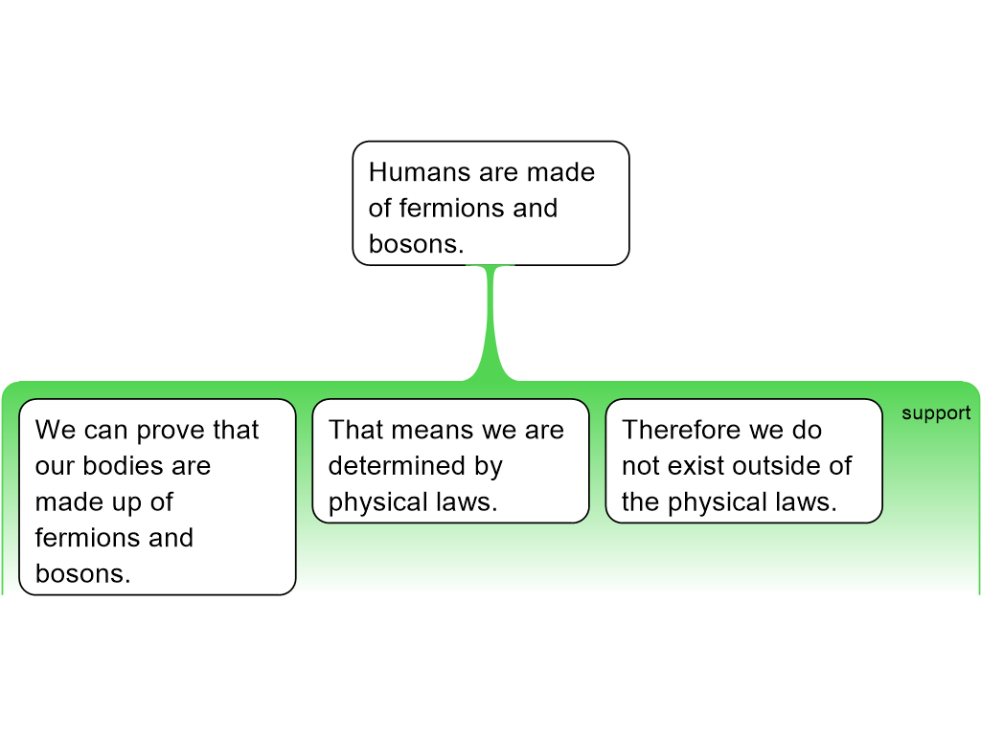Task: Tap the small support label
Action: coord(935,413)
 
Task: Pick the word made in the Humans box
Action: coord(563,172)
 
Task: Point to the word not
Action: coord(639,466)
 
